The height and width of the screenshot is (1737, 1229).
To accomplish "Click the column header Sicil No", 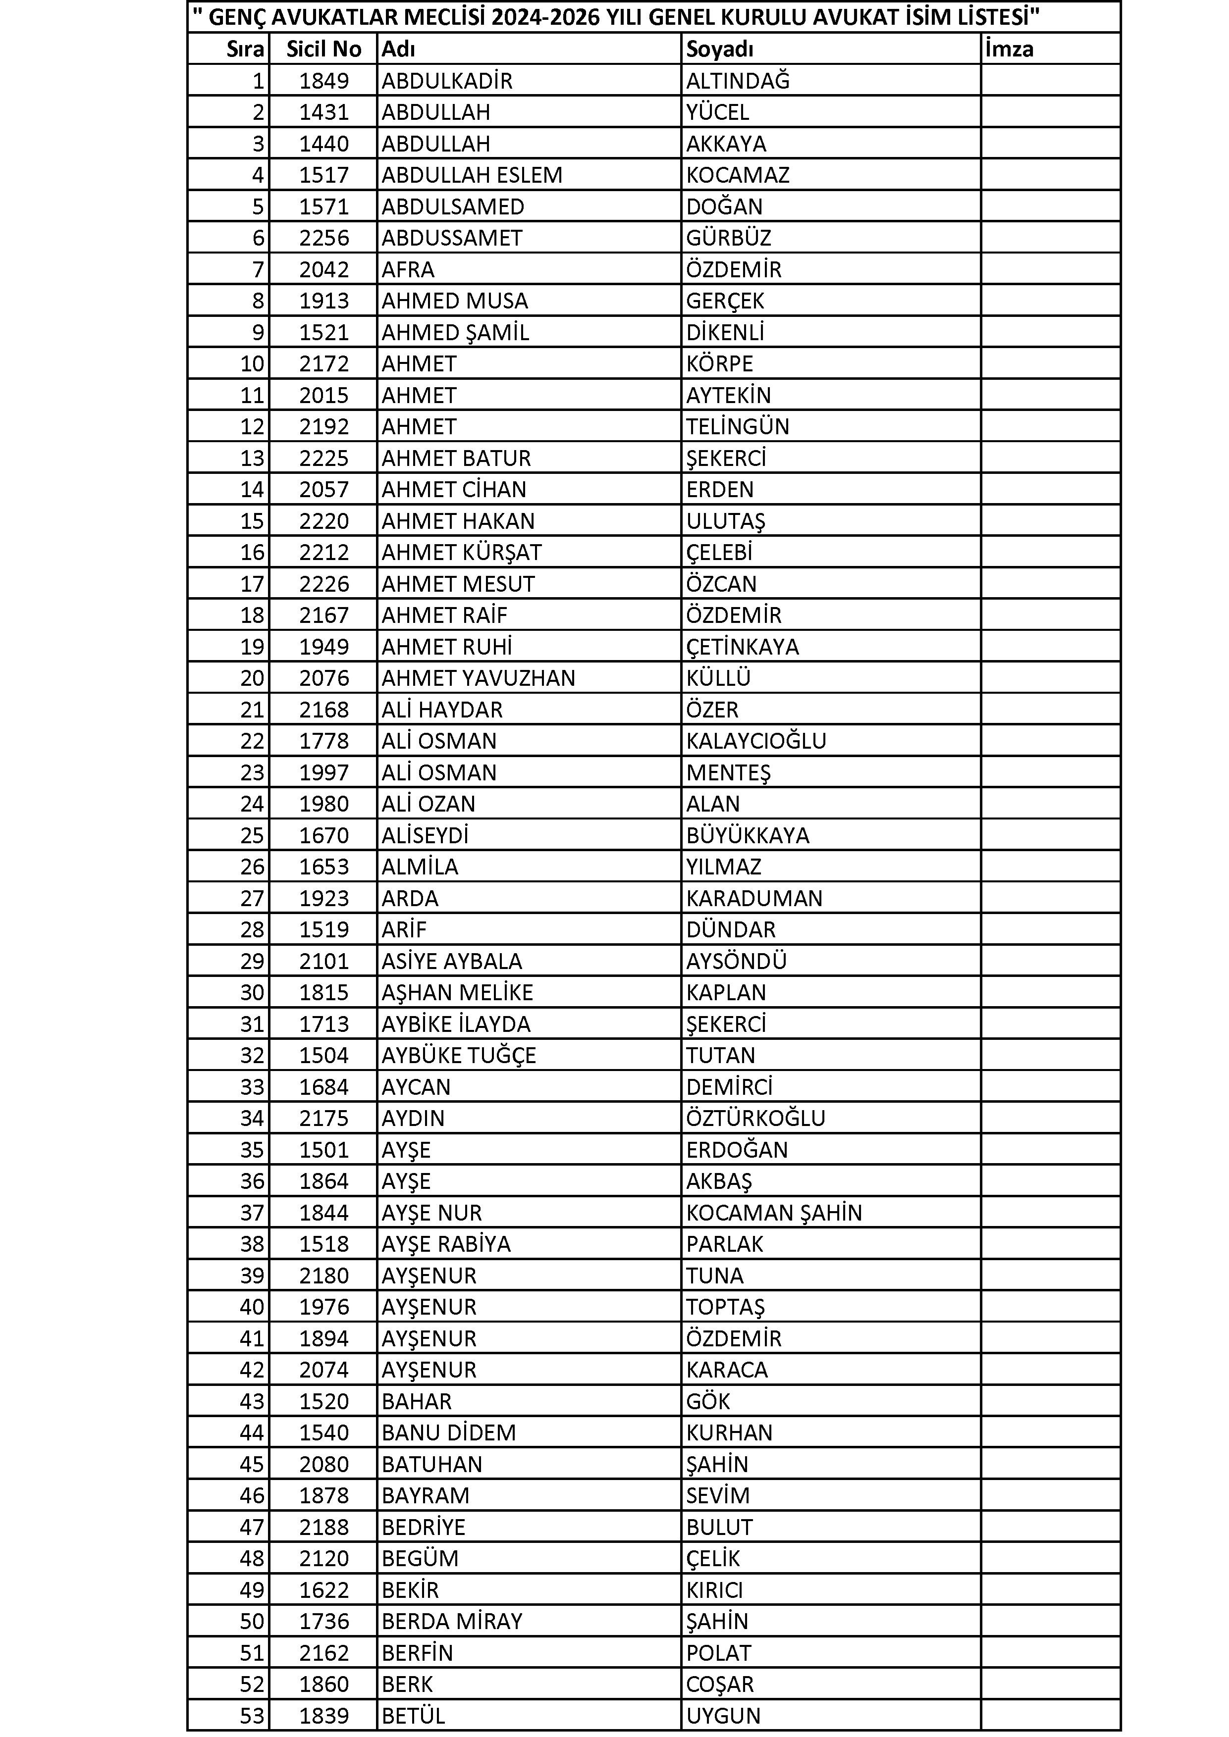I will [324, 49].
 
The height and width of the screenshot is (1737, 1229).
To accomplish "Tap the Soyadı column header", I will [720, 49].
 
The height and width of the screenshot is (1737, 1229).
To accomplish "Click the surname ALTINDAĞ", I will [738, 81].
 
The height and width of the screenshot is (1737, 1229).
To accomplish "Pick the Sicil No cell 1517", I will [324, 175].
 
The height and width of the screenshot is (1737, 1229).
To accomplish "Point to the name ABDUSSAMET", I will [452, 238].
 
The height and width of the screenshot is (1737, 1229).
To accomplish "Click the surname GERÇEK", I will [725, 301].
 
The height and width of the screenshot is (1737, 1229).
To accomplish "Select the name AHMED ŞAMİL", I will [455, 333].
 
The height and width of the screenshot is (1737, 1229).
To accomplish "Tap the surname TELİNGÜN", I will [738, 427].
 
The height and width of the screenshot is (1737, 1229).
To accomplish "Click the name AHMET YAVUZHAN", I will [479, 678].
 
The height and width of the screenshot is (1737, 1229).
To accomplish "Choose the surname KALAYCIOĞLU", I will [756, 741].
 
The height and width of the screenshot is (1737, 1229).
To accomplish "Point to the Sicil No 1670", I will [324, 835].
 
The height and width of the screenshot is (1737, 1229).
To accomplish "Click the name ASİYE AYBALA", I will [452, 961].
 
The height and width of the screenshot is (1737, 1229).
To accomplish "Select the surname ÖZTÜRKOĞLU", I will [755, 1118].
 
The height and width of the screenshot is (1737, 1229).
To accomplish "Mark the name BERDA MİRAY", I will [452, 1621].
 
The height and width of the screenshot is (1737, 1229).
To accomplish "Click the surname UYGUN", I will [723, 1716].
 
